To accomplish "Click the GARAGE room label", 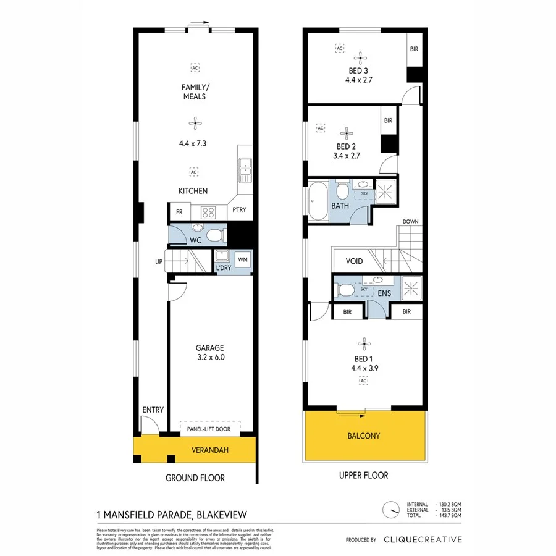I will pyautogui.click(x=210, y=348).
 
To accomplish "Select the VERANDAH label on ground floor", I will pyautogui.click(x=210, y=450).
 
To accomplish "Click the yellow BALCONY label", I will pyautogui.click(x=364, y=436).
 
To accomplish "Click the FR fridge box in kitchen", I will pyautogui.click(x=179, y=212).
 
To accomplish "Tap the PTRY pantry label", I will pyautogui.click(x=239, y=210).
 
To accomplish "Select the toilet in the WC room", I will pyautogui.click(x=214, y=235).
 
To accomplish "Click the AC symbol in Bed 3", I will pyautogui.click(x=339, y=48).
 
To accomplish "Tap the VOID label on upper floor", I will pyautogui.click(x=354, y=261).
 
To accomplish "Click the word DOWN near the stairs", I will pyautogui.click(x=411, y=221).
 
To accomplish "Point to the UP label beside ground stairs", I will pyautogui.click(x=159, y=262).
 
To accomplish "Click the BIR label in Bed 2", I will pyautogui.click(x=388, y=121).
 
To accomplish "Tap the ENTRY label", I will pyautogui.click(x=153, y=410).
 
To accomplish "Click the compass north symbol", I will pyautogui.click(x=390, y=510).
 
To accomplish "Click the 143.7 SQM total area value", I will pyautogui.click(x=448, y=515).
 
